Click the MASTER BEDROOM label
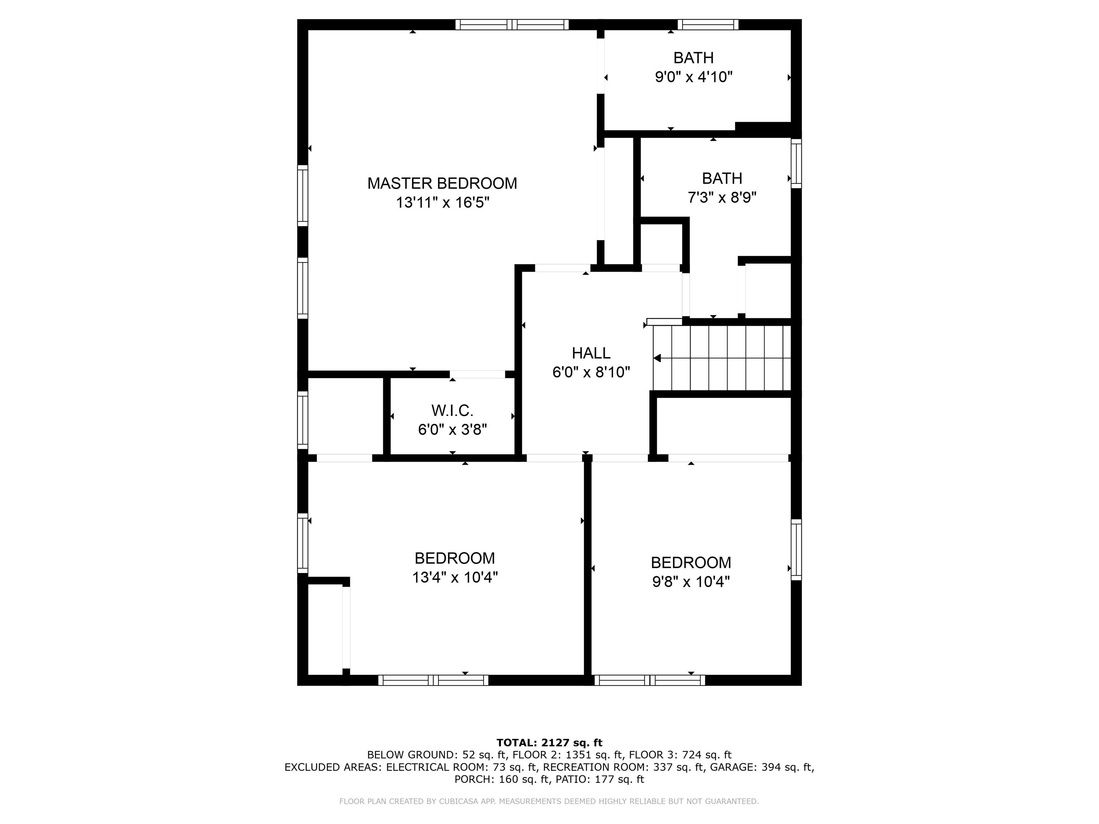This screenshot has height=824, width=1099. (442, 183)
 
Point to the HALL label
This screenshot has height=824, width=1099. (591, 353)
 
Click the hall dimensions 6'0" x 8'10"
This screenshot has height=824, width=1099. (591, 372)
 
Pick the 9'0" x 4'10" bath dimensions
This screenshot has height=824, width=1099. (694, 77)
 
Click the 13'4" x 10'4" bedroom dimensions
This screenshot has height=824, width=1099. (455, 578)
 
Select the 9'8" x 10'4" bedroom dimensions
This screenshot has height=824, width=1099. (690, 582)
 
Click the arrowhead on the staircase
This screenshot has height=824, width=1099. (657, 358)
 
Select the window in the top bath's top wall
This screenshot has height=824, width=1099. (708, 24)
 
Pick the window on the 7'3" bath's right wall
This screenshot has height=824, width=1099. (796, 163)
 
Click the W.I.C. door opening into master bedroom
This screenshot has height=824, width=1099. (477, 374)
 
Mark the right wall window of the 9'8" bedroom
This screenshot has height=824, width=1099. (796, 550)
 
